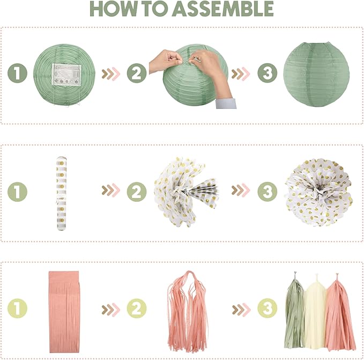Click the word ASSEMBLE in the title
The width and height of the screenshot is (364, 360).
pos(223,9)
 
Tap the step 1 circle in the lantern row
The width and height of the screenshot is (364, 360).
pos(17,73)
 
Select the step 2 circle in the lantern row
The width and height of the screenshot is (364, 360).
pos(137,73)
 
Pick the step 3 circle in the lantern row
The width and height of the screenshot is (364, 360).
pos(267,73)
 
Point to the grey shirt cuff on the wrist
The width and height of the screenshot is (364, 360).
pos(226,104)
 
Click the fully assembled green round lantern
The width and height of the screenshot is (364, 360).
pos(316,74)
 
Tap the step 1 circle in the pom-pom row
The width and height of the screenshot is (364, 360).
pos(17,192)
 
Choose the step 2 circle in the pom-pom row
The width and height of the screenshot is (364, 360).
pos(137,192)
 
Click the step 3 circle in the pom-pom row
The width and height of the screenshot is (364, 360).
pos(267,192)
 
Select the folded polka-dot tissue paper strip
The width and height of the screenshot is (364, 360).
pos(62,194)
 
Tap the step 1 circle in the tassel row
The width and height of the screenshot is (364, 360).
pos(17,308)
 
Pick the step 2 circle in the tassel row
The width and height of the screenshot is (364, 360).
pos(137,308)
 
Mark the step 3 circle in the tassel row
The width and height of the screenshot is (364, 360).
pos(267,308)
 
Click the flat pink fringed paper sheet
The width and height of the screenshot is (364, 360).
pos(64,312)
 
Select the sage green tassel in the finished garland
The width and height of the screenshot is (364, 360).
pos(294,311)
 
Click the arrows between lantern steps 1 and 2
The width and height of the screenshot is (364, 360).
pos(111,74)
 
